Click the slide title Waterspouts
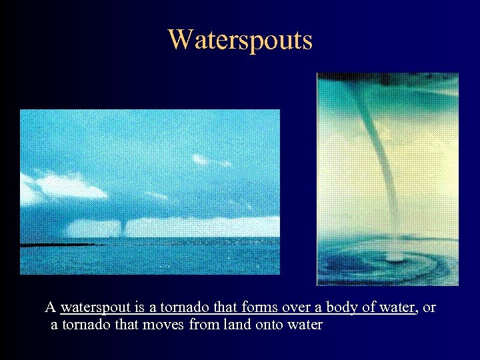click(240, 39)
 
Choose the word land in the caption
click(226, 325)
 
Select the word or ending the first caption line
click(429, 307)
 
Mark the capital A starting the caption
click(50, 307)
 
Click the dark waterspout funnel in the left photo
click(123, 227)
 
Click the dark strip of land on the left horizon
click(60, 244)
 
